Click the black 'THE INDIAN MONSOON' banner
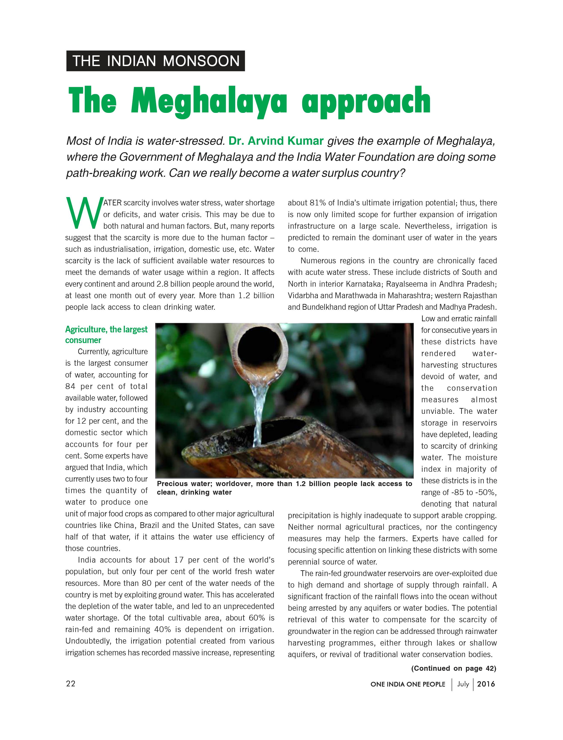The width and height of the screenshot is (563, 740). pyautogui.click(x=155, y=61)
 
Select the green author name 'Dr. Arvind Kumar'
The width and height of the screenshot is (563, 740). pyautogui.click(x=276, y=141)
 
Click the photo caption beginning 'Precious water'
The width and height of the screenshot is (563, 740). pyautogui.click(x=284, y=488)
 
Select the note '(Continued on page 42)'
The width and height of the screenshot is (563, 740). pyautogui.click(x=454, y=668)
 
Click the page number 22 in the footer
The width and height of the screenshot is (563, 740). pyautogui.click(x=71, y=684)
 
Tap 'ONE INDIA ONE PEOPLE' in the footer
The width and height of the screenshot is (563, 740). pyautogui.click(x=408, y=684)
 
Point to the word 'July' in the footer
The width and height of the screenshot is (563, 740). pyautogui.click(x=463, y=684)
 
